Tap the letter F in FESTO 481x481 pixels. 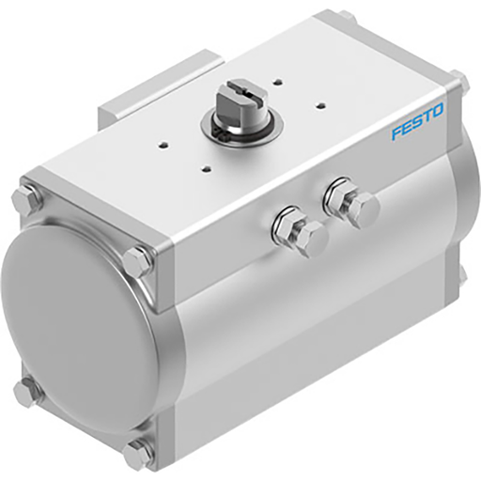[x=396, y=134]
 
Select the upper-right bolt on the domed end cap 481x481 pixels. [x=140, y=261]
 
